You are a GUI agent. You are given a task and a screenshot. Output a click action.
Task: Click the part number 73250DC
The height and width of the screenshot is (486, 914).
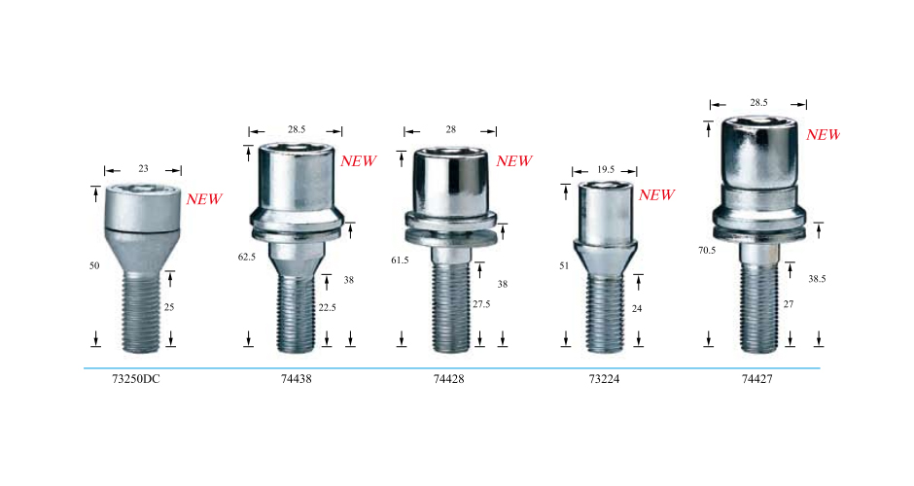point(136,379)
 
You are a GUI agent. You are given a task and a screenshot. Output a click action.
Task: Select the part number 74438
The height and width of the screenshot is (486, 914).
point(297,379)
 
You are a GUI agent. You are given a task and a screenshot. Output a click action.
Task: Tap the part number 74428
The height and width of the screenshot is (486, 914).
point(449,379)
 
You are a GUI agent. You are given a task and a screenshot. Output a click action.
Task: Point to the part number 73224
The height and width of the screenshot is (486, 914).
point(604,379)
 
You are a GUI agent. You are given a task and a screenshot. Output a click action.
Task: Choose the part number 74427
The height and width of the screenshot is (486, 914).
point(757,379)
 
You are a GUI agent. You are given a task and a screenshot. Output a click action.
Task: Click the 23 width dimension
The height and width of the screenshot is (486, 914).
point(143,168)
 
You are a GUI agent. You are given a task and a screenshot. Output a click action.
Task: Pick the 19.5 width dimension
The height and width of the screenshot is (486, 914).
point(606,169)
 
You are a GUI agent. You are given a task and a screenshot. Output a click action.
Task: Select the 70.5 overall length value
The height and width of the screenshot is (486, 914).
point(707,250)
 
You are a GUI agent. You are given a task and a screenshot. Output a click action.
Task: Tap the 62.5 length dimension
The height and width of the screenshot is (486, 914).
point(247,257)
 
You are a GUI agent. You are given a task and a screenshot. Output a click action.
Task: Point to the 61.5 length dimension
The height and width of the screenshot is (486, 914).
point(400,260)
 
